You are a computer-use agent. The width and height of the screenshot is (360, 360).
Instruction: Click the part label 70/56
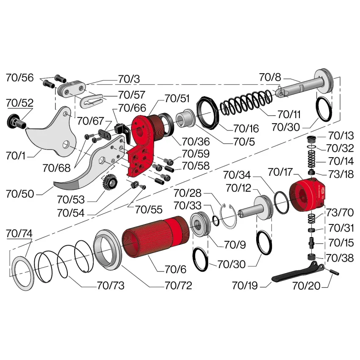pyautogui.click(x=20, y=78)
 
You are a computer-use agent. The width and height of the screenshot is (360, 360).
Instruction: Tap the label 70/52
pyautogui.click(x=20, y=102)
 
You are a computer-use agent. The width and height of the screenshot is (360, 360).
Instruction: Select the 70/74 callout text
pyautogui.click(x=19, y=233)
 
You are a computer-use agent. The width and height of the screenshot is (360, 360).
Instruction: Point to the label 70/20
pyautogui.click(x=306, y=286)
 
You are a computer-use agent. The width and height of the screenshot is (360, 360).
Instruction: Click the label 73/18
pyautogui.click(x=341, y=174)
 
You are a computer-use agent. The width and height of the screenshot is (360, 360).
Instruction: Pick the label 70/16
pyautogui.click(x=246, y=129)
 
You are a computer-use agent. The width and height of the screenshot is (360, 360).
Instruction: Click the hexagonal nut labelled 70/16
pyautogui.click(x=208, y=113)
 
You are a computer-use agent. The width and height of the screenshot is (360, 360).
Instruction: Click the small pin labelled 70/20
pyautogui.click(x=334, y=272)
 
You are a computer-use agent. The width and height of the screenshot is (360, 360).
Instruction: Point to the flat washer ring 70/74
pyautogui.click(x=22, y=273)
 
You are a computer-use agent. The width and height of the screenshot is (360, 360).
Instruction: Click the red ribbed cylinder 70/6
pyautogui.click(x=156, y=236)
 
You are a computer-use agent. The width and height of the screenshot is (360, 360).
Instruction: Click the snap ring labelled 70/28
pyautogui.click(x=228, y=216)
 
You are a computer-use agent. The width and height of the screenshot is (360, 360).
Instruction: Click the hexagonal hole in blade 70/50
pyautogui.click(x=102, y=160)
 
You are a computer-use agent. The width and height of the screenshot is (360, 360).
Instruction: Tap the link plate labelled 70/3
pyautogui.click(x=72, y=89)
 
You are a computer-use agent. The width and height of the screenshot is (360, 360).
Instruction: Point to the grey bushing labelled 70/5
pyautogui.click(x=186, y=118)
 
